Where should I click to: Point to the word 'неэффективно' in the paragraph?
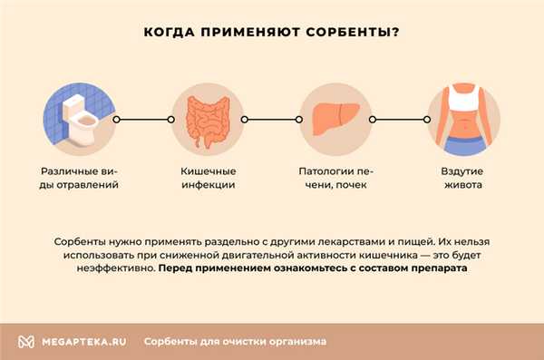point(111,269)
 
